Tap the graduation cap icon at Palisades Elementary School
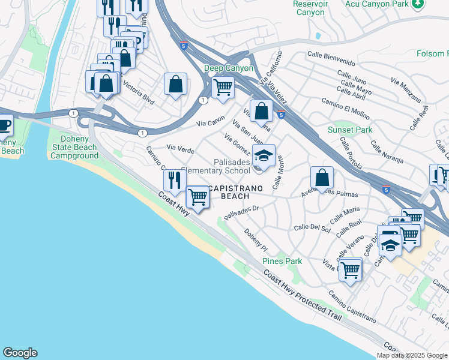click(264, 156)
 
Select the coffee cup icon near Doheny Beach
click(4, 125)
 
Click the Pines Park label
click(282, 261)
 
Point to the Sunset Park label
click(349, 130)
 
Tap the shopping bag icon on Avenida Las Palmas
click(322, 178)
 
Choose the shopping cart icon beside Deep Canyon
click(223, 87)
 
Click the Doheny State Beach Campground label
click(74, 147)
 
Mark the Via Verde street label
click(180, 148)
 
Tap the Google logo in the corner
click(20, 353)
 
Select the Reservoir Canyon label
click(310, 8)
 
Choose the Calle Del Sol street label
click(312, 228)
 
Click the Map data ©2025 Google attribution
click(412, 355)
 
